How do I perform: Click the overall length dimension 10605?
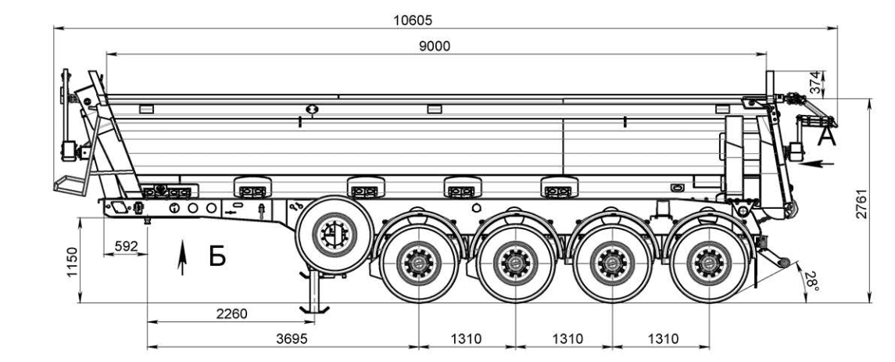point(413,20)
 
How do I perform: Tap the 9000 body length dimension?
point(435,46)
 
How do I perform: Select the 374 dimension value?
point(817,82)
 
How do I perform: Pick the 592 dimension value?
point(126,246)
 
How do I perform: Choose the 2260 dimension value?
point(231,314)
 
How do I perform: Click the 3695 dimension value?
point(292,339)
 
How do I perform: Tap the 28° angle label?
point(811,281)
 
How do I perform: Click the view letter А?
point(826,137)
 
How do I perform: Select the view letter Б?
point(217,256)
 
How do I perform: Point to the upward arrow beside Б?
point(182,257)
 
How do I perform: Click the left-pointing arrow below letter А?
point(815,164)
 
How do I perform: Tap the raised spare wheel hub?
point(335,234)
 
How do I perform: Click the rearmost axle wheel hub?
point(709,263)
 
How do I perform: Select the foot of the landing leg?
point(314,310)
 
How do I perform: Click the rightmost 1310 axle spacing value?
point(664,339)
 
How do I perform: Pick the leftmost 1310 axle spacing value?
point(467,339)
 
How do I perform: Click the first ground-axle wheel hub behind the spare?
point(419,263)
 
